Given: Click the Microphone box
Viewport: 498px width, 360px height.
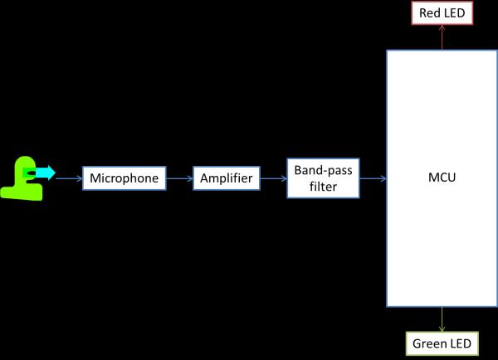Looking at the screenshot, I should pyautogui.click(x=124, y=178).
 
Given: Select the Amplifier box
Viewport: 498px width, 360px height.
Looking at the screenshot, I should pyautogui.click(x=227, y=178).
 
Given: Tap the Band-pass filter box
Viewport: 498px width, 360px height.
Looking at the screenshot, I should pyautogui.click(x=324, y=178).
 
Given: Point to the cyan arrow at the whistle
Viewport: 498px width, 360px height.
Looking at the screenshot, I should pyautogui.click(x=43, y=173).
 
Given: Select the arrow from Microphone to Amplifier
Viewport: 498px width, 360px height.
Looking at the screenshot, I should pyautogui.click(x=180, y=178).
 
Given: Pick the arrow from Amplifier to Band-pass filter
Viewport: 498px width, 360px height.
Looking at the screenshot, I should pyautogui.click(x=273, y=178).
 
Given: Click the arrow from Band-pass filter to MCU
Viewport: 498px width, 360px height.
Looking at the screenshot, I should pyautogui.click(x=373, y=178).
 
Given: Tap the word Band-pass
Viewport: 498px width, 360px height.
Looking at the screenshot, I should pyautogui.click(x=324, y=169).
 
